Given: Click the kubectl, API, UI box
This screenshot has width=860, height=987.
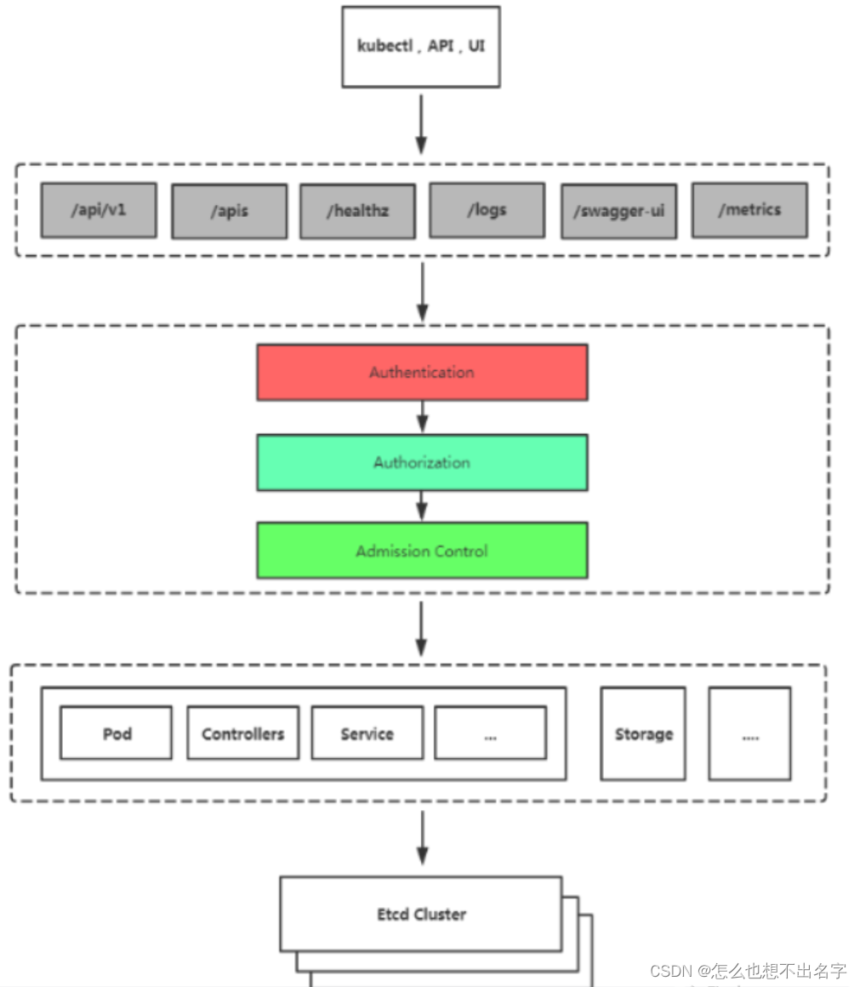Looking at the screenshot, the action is point(421,47).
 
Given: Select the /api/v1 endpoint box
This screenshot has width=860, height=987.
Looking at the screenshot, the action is point(99,210).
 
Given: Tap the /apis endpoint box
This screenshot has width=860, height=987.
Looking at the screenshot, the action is point(230,212).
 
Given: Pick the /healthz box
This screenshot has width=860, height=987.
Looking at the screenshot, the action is point(358,212).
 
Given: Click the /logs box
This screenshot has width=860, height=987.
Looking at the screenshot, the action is point(487,210).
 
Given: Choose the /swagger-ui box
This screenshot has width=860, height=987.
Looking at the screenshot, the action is point(619,212).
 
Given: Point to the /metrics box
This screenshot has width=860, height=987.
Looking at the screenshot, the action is point(750,210).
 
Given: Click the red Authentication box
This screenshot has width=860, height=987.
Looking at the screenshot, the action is point(422,373).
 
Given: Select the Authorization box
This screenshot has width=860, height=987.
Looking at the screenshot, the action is point(422,463).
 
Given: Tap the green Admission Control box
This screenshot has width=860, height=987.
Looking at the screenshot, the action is point(422,551).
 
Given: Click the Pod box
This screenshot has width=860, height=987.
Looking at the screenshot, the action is point(117,733).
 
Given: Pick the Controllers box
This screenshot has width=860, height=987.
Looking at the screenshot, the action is point(243,733).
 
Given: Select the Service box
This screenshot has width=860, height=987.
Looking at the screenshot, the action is point(367,733).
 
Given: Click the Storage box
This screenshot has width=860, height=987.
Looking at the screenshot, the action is point(644,734).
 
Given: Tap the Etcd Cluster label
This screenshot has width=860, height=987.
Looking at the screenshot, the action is point(422,914).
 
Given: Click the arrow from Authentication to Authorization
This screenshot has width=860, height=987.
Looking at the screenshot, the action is point(423,417).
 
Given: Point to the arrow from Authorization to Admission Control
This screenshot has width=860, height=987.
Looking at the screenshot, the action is point(423,506).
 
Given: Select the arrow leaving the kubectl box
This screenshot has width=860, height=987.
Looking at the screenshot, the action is point(422,124).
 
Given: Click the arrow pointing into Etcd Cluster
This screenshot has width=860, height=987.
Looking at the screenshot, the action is point(423,838).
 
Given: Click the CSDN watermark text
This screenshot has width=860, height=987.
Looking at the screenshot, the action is point(748,971).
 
